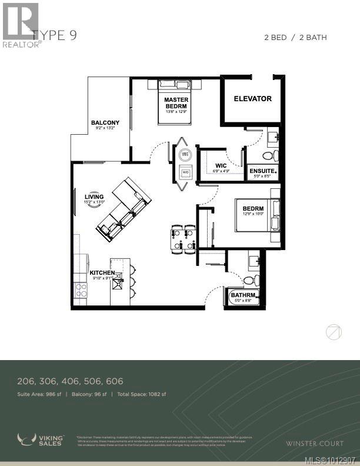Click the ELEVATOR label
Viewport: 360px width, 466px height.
(252, 99)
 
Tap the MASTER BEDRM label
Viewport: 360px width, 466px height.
(176, 103)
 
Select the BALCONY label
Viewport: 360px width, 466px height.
(105, 123)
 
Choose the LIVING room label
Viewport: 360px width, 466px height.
(94, 197)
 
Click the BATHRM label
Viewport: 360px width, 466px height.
(242, 295)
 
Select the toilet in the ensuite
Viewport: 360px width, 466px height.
(268, 155)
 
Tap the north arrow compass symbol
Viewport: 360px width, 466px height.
(334, 332)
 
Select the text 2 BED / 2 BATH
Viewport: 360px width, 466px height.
(295, 38)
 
